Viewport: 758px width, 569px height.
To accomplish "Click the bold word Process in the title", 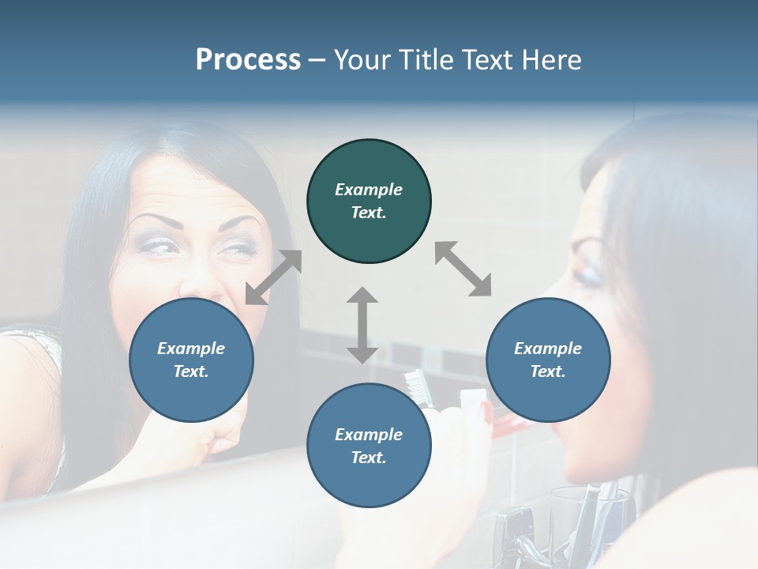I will click(x=248, y=60).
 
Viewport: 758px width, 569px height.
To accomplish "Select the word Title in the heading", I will click(x=422, y=60).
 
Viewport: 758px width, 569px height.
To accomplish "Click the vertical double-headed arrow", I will click(x=362, y=325).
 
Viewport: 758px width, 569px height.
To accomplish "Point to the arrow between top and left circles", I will click(x=273, y=277).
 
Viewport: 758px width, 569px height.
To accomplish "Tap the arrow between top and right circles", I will click(x=463, y=269).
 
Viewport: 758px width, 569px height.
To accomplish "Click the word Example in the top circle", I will click(x=369, y=190).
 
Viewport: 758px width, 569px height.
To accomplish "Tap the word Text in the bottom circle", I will click(x=369, y=458).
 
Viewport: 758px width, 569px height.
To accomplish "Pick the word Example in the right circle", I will click(x=548, y=349).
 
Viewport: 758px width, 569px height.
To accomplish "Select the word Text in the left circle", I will click(x=191, y=371).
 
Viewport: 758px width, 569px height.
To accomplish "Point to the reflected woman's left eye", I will click(x=158, y=246).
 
